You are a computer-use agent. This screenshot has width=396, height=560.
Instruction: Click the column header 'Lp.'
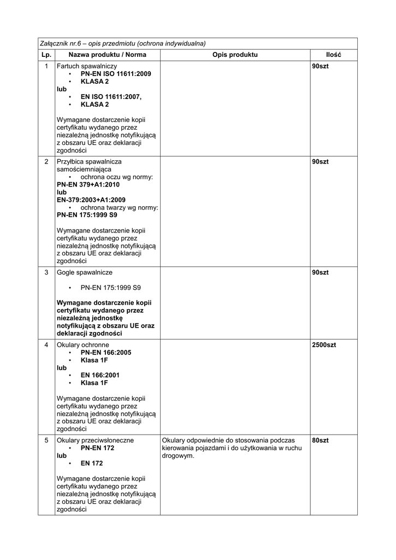coord(46,55)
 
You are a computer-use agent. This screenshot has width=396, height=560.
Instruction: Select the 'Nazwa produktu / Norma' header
coord(107,55)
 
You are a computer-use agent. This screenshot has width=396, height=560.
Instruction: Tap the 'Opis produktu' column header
coord(235,55)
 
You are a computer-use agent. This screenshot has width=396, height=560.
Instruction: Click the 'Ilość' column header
coord(333,55)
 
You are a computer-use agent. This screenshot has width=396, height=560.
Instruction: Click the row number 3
coord(46,272)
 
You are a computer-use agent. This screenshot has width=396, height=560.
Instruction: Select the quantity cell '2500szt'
coord(324,345)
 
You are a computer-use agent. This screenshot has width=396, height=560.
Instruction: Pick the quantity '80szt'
coord(320,440)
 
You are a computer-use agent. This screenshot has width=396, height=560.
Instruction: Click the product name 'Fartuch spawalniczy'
coord(87,66)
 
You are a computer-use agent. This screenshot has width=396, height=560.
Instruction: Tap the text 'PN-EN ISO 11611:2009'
coord(116,74)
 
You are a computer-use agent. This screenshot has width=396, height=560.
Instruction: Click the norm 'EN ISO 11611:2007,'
coord(111,97)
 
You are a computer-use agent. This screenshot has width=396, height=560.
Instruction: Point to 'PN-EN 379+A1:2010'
coord(88,185)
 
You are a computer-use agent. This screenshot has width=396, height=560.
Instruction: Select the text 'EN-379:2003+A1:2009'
coord(91,200)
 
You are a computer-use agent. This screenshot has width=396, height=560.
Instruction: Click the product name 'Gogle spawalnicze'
coord(85,272)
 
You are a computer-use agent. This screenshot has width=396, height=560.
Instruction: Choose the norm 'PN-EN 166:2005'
coord(106,353)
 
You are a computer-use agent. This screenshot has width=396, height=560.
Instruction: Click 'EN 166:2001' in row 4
coord(101,375)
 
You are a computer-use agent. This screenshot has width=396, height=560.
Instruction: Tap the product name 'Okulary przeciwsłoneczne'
coord(95,440)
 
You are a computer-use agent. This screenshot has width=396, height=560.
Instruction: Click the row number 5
coord(46,440)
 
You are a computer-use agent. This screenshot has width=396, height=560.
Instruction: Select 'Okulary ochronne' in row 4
coord(83,345)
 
